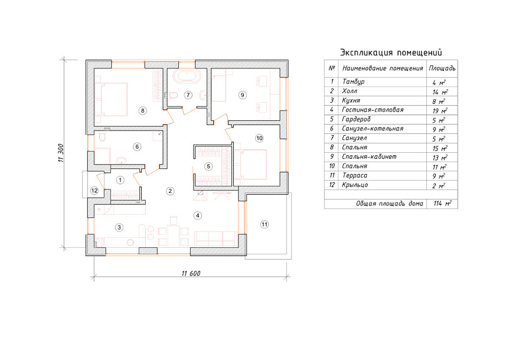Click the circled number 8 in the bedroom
pos(142,110)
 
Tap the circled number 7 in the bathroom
pos(188,95)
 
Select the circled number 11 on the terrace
pos(265,224)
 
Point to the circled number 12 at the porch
pos(94,191)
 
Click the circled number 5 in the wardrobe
pos(208,166)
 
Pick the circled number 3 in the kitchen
pos(119,227)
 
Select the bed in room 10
pos(251,165)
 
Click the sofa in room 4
pos(216,238)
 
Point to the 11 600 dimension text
pos(191,273)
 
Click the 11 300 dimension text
pos(61,153)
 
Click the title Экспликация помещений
pos(391,53)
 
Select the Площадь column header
pos(442,68)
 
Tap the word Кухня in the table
pos(351,100)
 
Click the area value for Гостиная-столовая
pos(440,110)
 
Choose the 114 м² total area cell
pos(442,204)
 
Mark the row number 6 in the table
pos(331,129)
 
